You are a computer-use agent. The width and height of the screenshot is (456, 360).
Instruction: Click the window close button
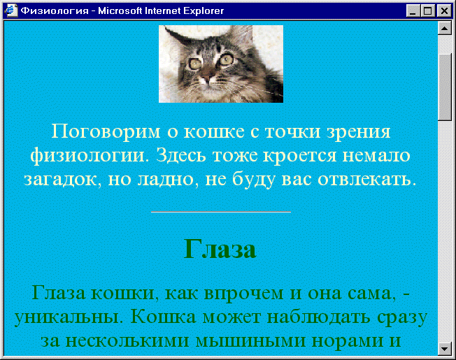point(444,11)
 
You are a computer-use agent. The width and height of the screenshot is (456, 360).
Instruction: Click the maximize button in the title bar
point(428,11)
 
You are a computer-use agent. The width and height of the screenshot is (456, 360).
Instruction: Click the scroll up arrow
point(444,28)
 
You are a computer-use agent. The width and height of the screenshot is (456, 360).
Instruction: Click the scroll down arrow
point(444,348)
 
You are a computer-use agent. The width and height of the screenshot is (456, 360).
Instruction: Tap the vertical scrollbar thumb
point(444,87)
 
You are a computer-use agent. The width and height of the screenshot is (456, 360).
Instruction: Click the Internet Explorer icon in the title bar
point(11,11)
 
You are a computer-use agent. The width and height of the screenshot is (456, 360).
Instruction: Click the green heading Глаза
point(220,250)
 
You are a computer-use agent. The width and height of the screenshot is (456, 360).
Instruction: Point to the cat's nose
point(207,78)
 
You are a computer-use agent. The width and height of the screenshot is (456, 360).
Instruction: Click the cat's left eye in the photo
point(194,63)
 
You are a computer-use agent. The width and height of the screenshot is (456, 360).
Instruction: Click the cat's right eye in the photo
point(227,59)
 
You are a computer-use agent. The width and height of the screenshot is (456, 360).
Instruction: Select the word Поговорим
point(106,131)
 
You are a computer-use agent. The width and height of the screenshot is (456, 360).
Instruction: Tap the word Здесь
point(184,156)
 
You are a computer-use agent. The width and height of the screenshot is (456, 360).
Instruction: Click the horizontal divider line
point(221,212)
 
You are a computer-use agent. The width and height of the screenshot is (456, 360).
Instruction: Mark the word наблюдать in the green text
point(319,317)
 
